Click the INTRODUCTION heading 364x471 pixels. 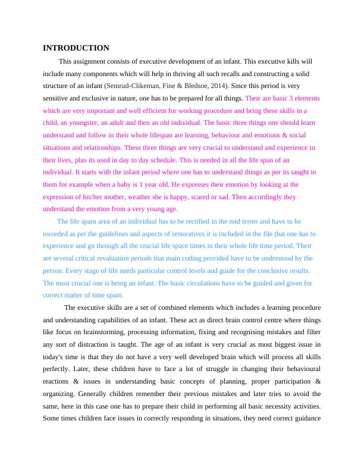click(76, 48)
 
